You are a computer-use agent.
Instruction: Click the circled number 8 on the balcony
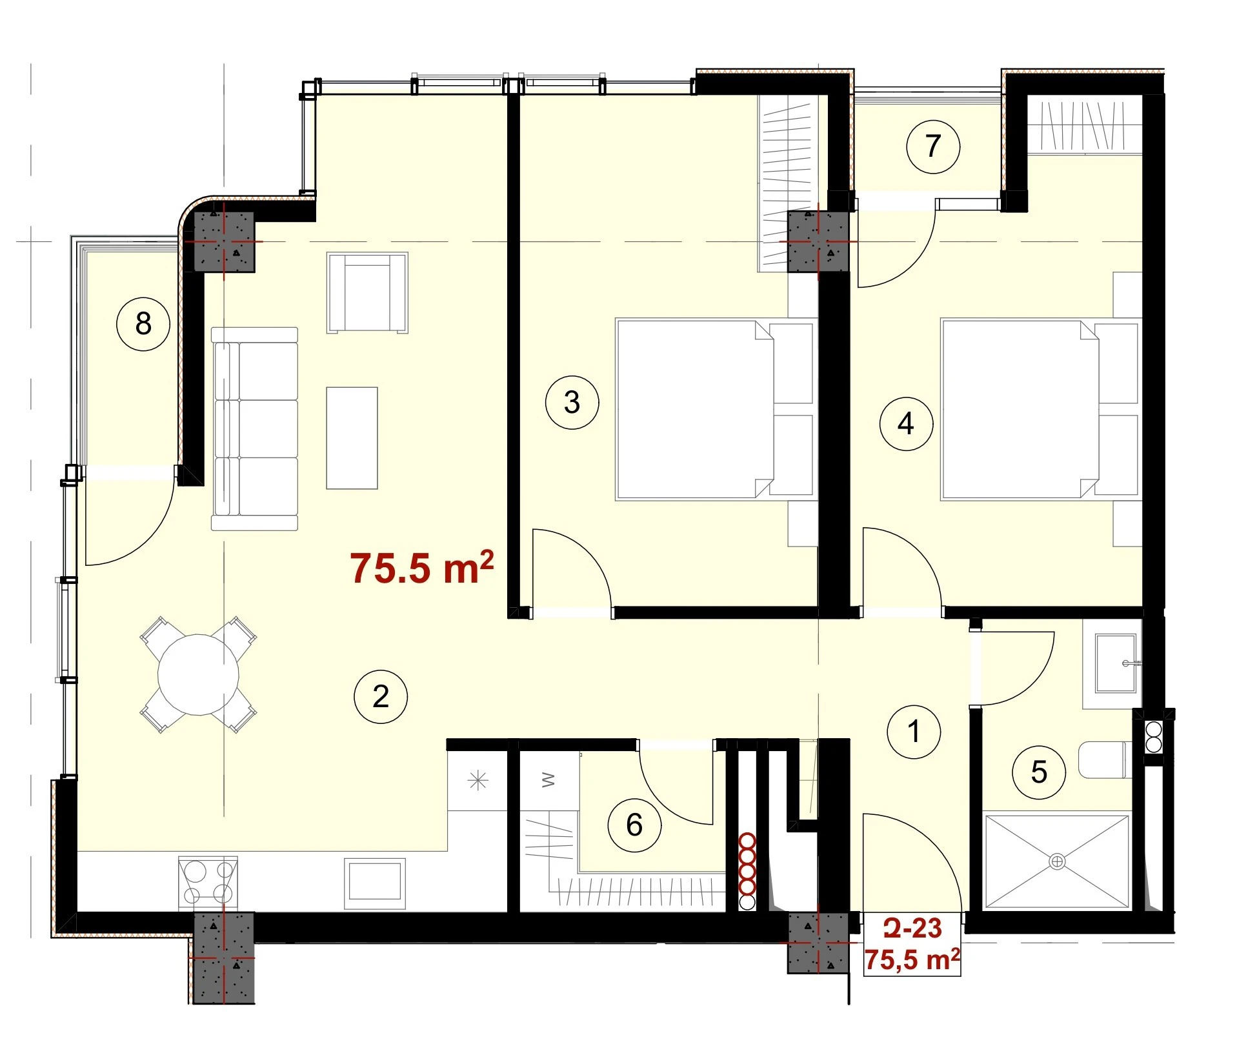pyautogui.click(x=143, y=323)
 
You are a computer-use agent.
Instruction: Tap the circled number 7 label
pyautogui.click(x=933, y=146)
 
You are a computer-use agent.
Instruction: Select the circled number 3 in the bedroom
pyautogui.click(x=572, y=403)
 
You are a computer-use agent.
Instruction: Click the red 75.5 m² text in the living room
pyautogui.click(x=423, y=568)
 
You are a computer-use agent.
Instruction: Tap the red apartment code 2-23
pyautogui.click(x=912, y=928)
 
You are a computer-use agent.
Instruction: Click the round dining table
pyautogui.click(x=199, y=674)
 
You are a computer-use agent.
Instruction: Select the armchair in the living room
pyautogui.click(x=368, y=292)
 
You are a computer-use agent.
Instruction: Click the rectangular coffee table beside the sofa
pyautogui.click(x=352, y=438)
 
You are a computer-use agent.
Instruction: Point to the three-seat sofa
pyautogui.click(x=255, y=429)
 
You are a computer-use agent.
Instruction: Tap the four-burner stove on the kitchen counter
pyautogui.click(x=208, y=883)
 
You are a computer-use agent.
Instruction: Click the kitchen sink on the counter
pyautogui.click(x=375, y=883)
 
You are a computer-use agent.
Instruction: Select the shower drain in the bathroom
pyautogui.click(x=1057, y=861)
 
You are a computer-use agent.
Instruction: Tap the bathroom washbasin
pyautogui.click(x=1116, y=663)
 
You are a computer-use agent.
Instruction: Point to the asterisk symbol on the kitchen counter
pyautogui.click(x=478, y=781)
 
